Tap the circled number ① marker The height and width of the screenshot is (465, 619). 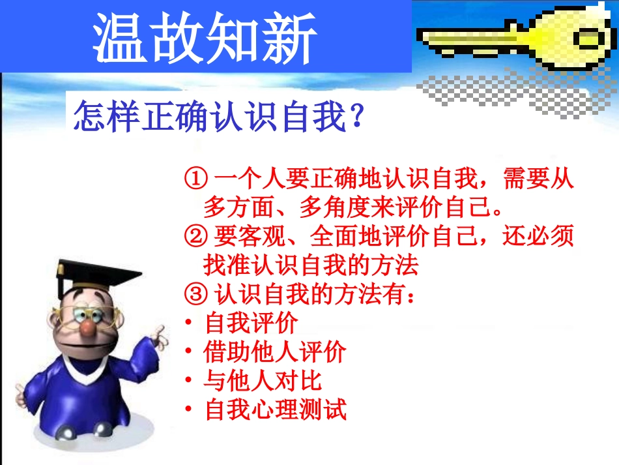tap(195, 178)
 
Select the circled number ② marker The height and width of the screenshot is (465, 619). tap(195, 236)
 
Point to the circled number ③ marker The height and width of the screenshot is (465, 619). tap(195, 294)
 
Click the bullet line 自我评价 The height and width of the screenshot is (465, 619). tap(251, 323)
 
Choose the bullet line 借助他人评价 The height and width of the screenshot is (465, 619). tap(274, 353)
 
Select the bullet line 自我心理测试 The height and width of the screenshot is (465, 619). tap(274, 410)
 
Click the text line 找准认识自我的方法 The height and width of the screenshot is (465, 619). tap(309, 265)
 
